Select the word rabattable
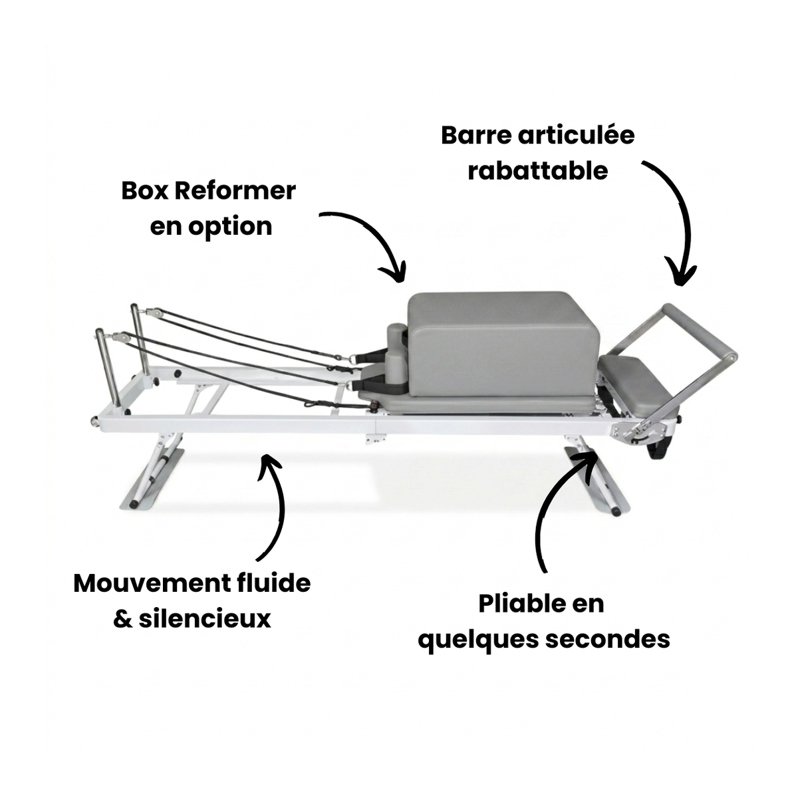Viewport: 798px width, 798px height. click(x=537, y=171)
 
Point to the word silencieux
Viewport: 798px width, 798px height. click(x=205, y=618)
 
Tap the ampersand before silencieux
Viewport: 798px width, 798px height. click(x=123, y=619)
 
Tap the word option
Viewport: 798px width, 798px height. click(x=230, y=227)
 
